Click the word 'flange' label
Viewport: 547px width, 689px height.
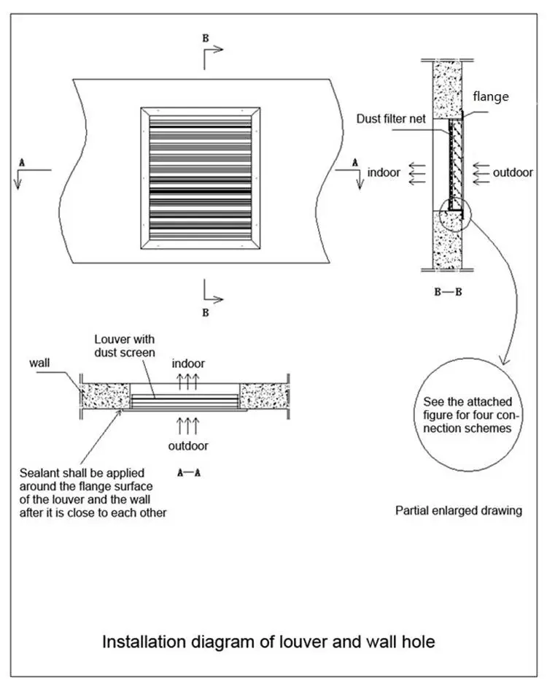tap(491, 96)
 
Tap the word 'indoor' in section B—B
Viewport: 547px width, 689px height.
tap(384, 173)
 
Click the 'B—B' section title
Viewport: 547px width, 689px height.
tap(447, 292)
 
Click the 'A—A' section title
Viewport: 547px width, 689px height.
tap(189, 472)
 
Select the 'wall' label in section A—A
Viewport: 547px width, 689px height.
tap(41, 363)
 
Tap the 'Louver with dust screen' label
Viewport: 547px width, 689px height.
tap(125, 347)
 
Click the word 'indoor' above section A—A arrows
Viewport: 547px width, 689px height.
tap(188, 363)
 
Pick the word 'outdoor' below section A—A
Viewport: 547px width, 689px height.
tap(189, 445)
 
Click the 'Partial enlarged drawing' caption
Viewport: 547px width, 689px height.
tap(459, 511)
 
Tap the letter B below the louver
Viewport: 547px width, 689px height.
tap(206, 312)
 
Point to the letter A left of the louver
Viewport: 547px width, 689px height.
tap(22, 163)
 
